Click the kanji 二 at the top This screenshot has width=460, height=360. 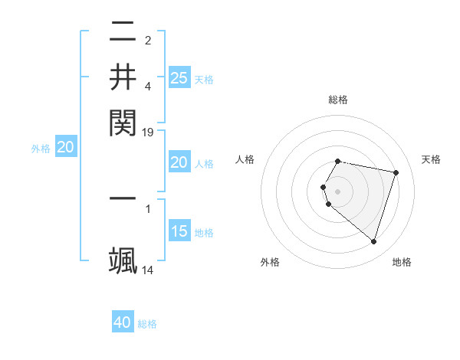click(x=123, y=32)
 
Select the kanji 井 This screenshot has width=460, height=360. click(x=123, y=77)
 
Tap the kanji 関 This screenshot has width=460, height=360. click(x=123, y=121)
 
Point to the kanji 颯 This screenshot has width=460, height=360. click(x=123, y=260)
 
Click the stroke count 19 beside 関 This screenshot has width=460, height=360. click(x=148, y=132)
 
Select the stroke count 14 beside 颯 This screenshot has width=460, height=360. click(x=148, y=270)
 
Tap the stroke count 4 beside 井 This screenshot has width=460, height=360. click(x=148, y=86)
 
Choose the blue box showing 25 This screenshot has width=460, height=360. click(x=179, y=77)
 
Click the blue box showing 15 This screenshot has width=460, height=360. click(x=179, y=231)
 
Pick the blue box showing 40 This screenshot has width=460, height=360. click(x=123, y=322)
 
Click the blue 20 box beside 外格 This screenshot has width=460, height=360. click(x=65, y=147)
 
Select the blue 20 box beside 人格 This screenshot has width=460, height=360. click(x=179, y=162)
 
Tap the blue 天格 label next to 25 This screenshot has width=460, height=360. click(x=204, y=80)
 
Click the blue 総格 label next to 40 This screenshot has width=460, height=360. click(x=147, y=324)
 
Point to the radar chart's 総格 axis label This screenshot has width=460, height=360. click(x=338, y=100)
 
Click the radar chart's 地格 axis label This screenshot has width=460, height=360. click(x=402, y=262)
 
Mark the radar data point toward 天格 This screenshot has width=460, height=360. click(x=396, y=172)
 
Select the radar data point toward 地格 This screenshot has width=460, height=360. click(x=373, y=241)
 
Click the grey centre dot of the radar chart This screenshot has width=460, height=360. click(x=338, y=191)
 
